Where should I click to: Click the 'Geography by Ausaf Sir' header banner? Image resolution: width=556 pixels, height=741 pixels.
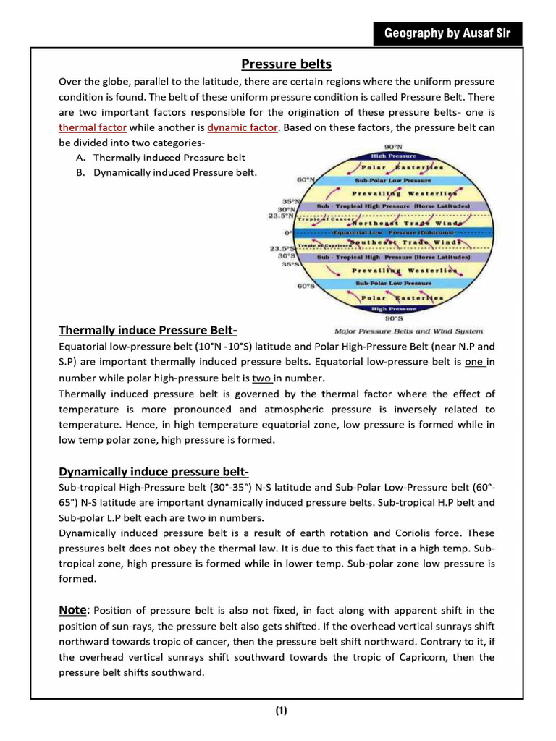(447, 33)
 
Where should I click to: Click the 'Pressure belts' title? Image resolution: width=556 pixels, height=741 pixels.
(286, 64)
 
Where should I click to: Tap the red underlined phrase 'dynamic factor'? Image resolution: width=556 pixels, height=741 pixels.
(243, 127)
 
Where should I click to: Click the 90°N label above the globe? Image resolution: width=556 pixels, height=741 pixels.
(394, 147)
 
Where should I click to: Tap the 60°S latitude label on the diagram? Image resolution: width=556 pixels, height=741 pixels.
(306, 286)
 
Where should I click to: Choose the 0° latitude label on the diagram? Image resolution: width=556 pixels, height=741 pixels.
(288, 233)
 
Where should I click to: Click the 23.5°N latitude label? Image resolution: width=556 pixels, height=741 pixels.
(282, 216)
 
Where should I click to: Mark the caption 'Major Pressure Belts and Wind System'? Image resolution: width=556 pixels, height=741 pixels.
(409, 331)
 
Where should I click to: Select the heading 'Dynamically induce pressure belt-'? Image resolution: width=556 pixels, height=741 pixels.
(153, 473)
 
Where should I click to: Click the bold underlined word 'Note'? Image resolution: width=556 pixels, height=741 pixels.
(74, 610)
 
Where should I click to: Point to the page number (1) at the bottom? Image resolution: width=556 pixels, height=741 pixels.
(281, 710)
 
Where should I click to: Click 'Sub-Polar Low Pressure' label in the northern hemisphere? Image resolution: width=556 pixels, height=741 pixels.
(392, 180)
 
